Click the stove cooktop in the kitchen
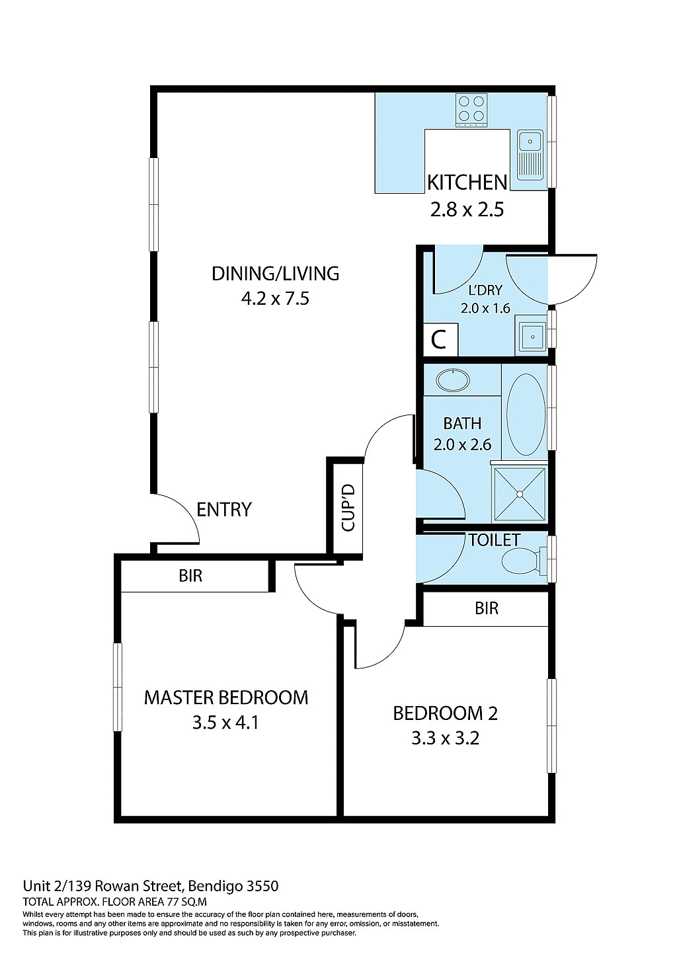click(x=471, y=110)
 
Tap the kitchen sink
click(x=530, y=155)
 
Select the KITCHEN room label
click(x=467, y=182)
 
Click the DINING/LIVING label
click(x=275, y=274)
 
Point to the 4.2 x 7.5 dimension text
click(x=275, y=299)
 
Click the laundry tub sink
click(x=532, y=337)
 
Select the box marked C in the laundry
click(x=439, y=340)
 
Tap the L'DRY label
click(x=485, y=290)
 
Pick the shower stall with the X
click(x=520, y=494)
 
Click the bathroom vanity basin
click(x=453, y=380)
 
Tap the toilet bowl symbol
click(x=522, y=563)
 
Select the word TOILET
click(x=495, y=540)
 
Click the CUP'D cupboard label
click(x=348, y=507)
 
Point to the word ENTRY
click(x=224, y=510)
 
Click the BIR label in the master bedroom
click(x=190, y=576)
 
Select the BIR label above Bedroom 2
click(x=487, y=608)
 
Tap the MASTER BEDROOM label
click(x=226, y=698)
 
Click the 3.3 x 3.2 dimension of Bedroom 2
click(x=445, y=738)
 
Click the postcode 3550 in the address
click(x=262, y=886)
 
